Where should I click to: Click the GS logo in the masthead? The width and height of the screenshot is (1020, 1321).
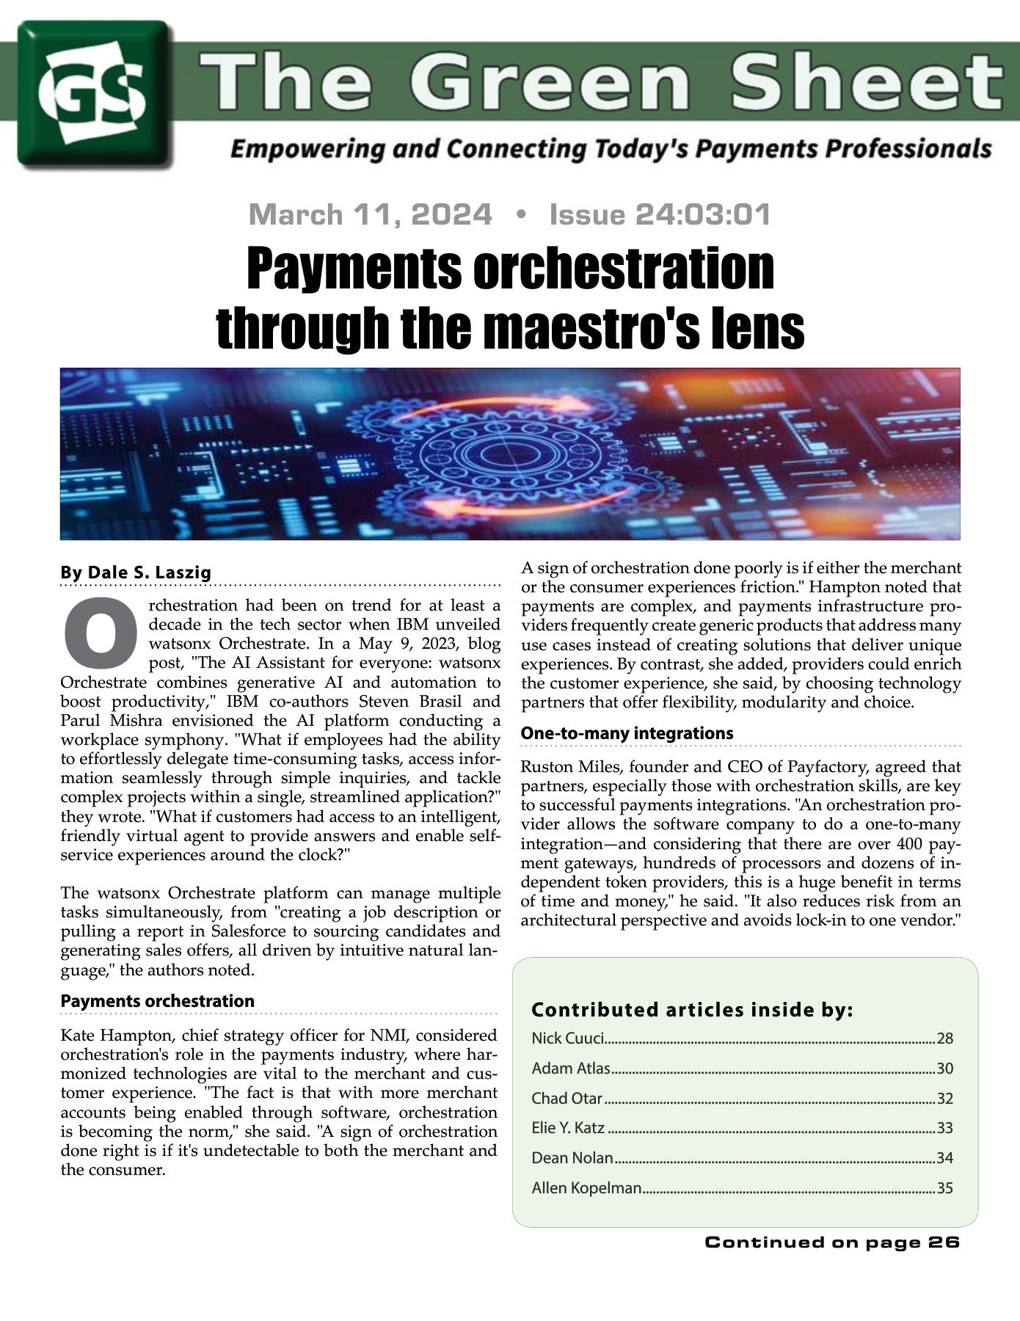coord(95,94)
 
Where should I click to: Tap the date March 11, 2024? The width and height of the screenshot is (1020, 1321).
coord(370,214)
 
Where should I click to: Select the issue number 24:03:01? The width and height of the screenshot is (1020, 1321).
coord(702,214)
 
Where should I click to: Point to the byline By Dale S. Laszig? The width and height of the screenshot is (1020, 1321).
coord(136,572)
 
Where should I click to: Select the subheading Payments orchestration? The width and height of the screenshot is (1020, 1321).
coord(157,1001)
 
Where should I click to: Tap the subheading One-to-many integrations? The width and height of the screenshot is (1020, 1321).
coord(627,733)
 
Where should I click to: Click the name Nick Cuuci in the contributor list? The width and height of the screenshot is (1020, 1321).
coord(567,1038)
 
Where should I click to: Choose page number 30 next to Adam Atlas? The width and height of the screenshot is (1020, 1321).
coord(944,1069)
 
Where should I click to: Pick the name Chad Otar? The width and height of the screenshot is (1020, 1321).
coord(567,1099)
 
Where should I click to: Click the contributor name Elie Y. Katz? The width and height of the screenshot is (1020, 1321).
coord(568,1128)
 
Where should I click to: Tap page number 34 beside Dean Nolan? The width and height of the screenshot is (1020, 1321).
coord(944,1158)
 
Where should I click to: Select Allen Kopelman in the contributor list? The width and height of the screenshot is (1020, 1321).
coord(586,1188)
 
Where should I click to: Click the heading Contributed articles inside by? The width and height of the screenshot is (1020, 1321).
coord(691,1010)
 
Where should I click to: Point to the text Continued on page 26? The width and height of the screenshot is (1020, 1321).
coord(831,1242)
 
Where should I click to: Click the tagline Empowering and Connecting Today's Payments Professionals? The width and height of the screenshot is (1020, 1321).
coord(611,149)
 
